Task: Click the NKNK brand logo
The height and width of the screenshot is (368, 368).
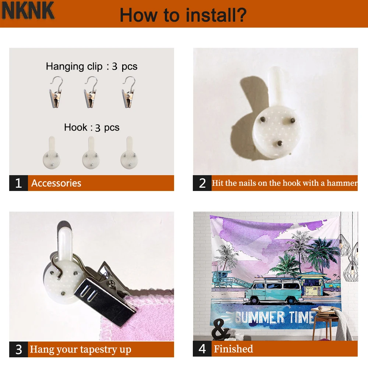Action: (28, 11)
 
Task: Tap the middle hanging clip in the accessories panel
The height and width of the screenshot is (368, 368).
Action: (91, 92)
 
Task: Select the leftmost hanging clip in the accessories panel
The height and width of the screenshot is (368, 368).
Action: (56, 92)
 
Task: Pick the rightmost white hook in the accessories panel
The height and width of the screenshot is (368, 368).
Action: (129, 153)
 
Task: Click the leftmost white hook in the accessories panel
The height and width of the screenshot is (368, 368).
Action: (52, 153)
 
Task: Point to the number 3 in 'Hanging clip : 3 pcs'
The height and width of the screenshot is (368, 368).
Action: (114, 67)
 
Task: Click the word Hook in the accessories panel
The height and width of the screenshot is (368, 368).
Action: (75, 127)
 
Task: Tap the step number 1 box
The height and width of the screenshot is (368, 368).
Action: (18, 183)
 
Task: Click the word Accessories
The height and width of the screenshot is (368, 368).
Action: (56, 183)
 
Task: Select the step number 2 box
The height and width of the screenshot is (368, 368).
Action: (202, 183)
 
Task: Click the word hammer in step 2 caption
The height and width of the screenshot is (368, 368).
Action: (342, 183)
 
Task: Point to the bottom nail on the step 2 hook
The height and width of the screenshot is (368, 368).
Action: (280, 143)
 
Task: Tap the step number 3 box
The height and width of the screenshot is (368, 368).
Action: (18, 350)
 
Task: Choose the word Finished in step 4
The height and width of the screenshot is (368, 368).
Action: (234, 349)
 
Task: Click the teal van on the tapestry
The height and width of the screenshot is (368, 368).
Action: (273, 291)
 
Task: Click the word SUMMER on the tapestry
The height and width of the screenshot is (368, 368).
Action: (260, 318)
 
